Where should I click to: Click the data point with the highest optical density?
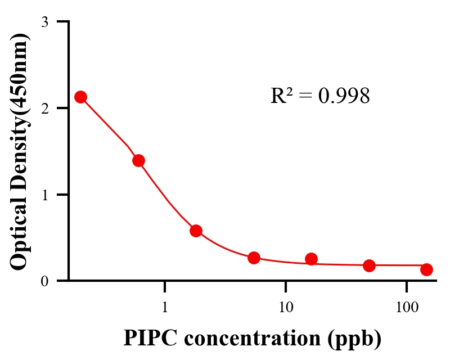coord(81,97)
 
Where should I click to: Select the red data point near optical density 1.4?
coord(138,160)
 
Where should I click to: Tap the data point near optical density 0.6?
coord(196,231)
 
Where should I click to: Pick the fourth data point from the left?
coord(254,258)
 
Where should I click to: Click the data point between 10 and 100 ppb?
coord(369,265)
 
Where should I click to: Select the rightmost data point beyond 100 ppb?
coord(426,269)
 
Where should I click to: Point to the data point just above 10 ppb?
coord(311,259)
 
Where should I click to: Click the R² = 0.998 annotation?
coord(320,96)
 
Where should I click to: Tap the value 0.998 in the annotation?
coord(344,96)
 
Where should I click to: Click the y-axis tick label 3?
coord(45,22)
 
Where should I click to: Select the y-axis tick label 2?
coord(45,108)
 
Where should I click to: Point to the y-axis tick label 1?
coord(45,195)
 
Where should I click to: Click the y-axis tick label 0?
coord(45,281)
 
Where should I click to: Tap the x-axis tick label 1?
coord(165,307)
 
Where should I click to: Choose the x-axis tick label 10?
coord(286,307)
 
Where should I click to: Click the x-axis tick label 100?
coord(407,307)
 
